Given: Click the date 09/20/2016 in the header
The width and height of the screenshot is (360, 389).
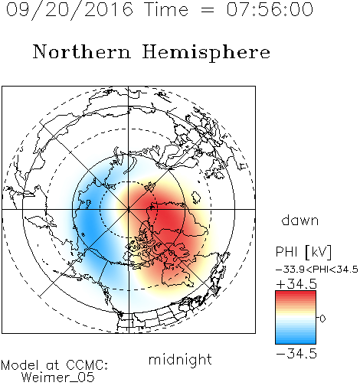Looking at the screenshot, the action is pos(70,10).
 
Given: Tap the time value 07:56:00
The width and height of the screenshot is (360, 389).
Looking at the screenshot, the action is pos(270,9).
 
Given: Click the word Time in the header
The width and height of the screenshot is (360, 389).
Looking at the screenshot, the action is pos(166,9).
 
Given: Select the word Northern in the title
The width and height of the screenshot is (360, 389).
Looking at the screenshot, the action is pos(82,51).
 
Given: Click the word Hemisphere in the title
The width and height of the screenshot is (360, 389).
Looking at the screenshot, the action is pos(206,53).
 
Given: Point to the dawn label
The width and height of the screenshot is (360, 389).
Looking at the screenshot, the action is pos(300,220).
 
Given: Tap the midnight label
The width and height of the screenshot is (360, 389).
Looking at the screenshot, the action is pos(180,359).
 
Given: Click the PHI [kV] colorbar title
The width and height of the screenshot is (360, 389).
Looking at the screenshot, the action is pos(303,252).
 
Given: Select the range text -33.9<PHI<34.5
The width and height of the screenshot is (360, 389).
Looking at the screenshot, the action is pos(317,270).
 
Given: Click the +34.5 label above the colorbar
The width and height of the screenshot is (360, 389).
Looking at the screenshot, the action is pos(296,284).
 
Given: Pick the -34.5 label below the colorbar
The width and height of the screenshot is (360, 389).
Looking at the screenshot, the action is pos(296,354).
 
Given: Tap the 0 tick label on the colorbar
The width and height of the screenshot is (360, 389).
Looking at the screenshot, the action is pos(322,319).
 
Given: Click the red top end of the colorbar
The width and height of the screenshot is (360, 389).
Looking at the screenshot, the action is pos(296,293).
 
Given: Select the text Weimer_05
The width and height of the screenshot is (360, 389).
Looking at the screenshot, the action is pos(58,378).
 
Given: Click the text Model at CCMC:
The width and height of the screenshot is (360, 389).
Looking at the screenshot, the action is pos(54,365).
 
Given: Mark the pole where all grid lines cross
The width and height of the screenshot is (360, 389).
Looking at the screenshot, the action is pos(129,209).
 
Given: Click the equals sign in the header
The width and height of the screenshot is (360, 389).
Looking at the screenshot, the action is pos(208,10).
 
